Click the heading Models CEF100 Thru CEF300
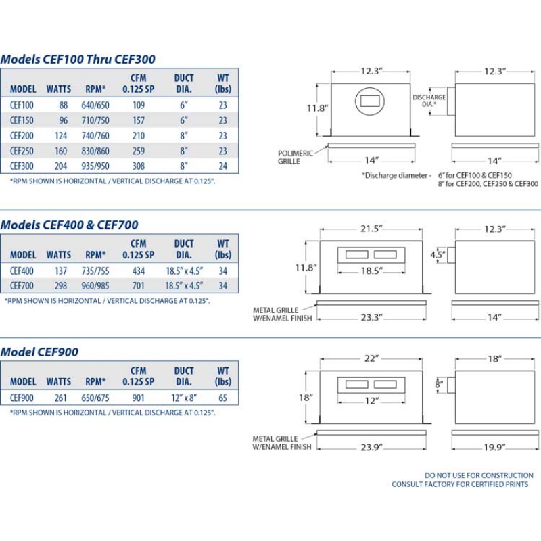coord(78,59)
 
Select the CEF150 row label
coord(22,120)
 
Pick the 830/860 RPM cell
coord(97,151)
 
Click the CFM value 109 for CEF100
coord(139,105)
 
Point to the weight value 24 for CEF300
coord(222,166)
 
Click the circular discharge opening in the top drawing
coord(370,103)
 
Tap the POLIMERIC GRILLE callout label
coord(296,157)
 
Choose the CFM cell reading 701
coord(139,285)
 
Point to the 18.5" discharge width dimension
coord(371,270)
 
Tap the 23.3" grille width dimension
coord(371,318)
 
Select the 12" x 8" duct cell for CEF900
coord(184,398)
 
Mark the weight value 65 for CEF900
coord(222,398)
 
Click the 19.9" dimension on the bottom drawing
coord(494,447)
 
